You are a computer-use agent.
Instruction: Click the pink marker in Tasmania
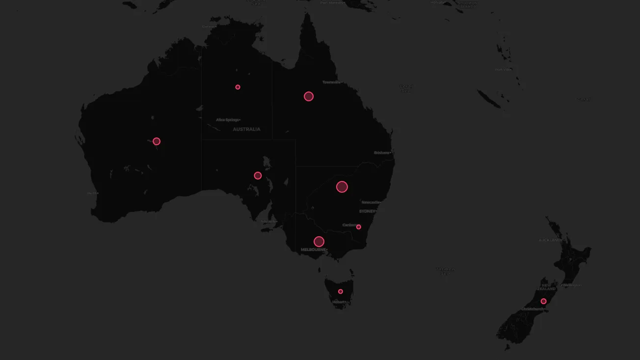[x=341, y=292]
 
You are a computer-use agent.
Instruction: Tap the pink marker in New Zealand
[x=543, y=301]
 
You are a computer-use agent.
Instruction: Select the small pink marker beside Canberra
[x=359, y=227]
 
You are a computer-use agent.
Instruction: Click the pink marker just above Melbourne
[x=319, y=241]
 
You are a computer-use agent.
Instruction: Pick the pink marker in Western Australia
[x=157, y=141]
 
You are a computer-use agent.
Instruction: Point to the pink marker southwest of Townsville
[x=309, y=96]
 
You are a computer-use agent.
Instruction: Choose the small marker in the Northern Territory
[x=238, y=87]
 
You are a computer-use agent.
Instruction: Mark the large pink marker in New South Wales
[x=342, y=187]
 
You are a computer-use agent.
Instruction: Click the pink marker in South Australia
[x=258, y=176]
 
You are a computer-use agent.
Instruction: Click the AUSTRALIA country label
[x=246, y=129]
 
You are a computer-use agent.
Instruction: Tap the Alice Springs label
[x=227, y=120]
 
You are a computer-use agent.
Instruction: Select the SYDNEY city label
[x=367, y=211]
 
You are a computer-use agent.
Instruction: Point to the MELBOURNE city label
[x=313, y=250]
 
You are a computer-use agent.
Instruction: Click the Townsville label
[x=331, y=82]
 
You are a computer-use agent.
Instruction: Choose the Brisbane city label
[x=381, y=153]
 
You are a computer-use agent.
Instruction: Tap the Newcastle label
[x=371, y=202]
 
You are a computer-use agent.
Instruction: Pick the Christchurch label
[x=532, y=309]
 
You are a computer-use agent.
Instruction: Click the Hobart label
[x=339, y=302]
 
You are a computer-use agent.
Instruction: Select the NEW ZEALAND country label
[x=549, y=287]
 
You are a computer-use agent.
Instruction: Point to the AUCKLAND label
[x=550, y=240]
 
